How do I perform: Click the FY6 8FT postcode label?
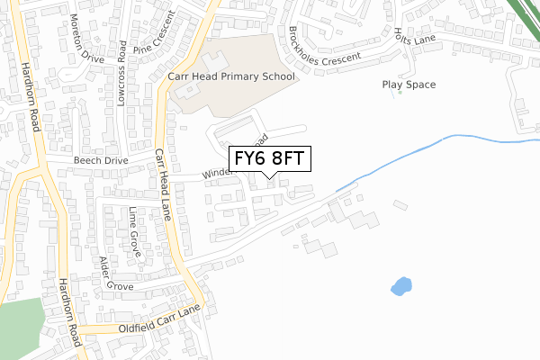click(271, 158)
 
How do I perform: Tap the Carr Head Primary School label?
click(231, 77)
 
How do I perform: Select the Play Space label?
click(409, 85)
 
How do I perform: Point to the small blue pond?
click(401, 286)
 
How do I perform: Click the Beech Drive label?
click(101, 160)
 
